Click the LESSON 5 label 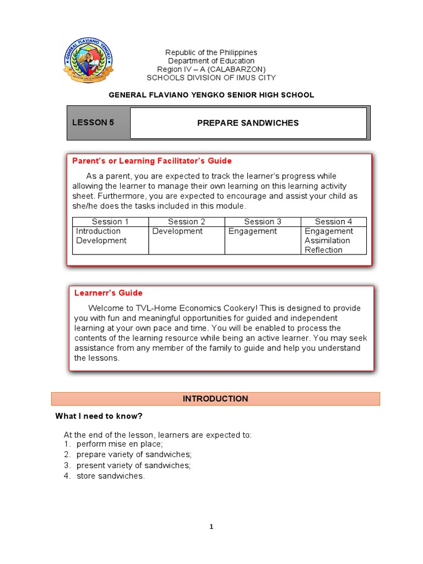(x=93, y=122)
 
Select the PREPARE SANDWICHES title (x=248, y=123)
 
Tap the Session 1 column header (x=110, y=221)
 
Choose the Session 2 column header (x=187, y=221)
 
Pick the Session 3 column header (x=263, y=221)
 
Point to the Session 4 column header (x=333, y=221)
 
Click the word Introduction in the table (x=98, y=231)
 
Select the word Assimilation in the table (x=327, y=241)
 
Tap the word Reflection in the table (x=323, y=250)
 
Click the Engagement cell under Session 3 (x=253, y=231)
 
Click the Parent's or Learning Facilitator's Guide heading (x=152, y=161)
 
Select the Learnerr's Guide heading (x=109, y=293)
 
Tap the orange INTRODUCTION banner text (x=215, y=399)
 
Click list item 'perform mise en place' (x=120, y=444)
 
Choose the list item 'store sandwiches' (x=110, y=476)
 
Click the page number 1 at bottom (x=211, y=527)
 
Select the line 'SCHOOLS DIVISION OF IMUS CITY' (x=211, y=78)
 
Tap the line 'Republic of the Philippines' (x=211, y=52)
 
